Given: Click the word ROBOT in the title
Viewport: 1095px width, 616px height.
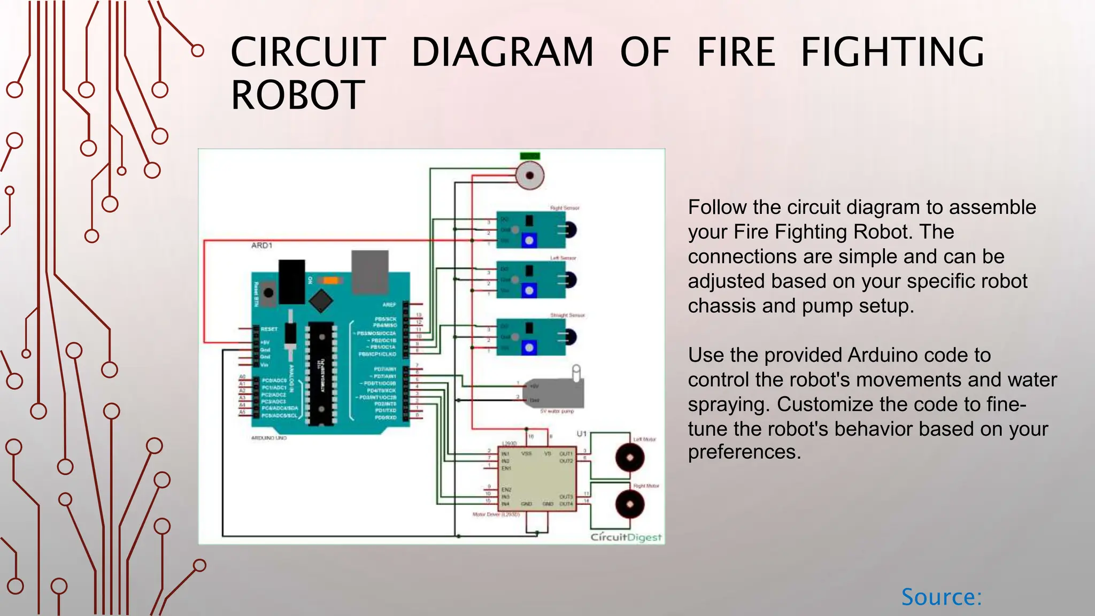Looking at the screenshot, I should [298, 95].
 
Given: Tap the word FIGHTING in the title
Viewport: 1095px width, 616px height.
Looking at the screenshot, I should [892, 52].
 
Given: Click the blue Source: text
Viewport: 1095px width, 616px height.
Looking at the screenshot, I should [942, 597].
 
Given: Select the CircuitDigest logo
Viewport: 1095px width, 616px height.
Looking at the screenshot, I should [626, 537].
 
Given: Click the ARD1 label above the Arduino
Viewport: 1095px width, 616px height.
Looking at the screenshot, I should [262, 245].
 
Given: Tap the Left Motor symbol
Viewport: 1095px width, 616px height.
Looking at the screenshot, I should [630, 458].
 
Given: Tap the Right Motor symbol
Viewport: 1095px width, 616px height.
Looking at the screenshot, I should [630, 504].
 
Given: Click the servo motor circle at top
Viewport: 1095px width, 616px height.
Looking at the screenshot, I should [530, 175].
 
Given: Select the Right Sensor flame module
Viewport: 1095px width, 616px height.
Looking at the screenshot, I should [531, 230].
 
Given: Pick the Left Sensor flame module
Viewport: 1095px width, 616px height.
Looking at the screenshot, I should [531, 280].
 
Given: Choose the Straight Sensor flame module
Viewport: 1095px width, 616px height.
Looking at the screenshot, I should [531, 337].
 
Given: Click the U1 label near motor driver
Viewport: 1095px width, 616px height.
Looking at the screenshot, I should [582, 434].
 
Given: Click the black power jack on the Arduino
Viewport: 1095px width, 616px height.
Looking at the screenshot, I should [291, 281].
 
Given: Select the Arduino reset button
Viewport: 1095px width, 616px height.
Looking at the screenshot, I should [268, 292].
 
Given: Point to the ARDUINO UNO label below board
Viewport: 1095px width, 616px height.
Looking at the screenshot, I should [269, 438].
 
